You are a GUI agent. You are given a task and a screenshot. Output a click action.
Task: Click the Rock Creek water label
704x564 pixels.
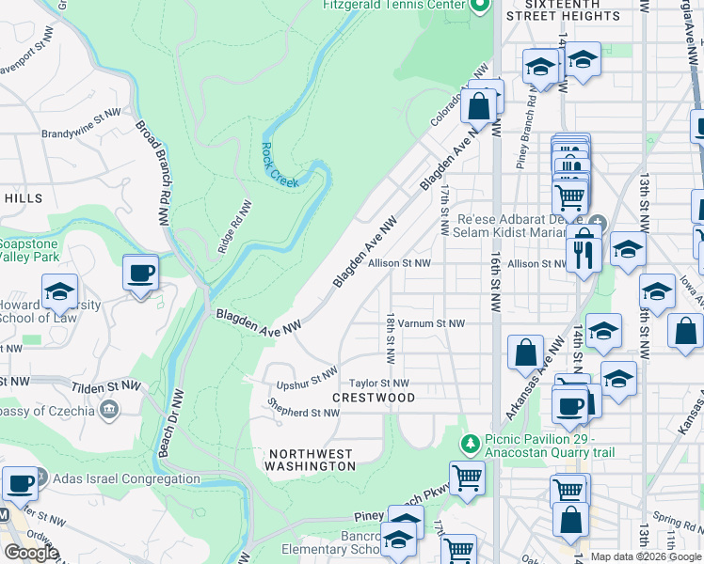coord(280,164)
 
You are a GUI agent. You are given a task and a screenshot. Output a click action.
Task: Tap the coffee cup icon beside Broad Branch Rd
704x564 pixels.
coord(141,274)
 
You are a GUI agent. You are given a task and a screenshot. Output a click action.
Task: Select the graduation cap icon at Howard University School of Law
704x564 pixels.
coord(59,291)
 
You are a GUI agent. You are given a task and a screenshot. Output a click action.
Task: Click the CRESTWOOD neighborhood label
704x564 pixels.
coord(374,399)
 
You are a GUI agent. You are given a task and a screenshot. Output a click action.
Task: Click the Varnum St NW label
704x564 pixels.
coord(431,323)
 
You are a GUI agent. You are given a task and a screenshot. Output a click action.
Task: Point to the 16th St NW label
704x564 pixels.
coord(495,282)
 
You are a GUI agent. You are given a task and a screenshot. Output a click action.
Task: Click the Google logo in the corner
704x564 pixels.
coord(31,553)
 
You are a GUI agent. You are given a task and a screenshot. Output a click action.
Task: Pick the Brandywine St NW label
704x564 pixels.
coord(82,113)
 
